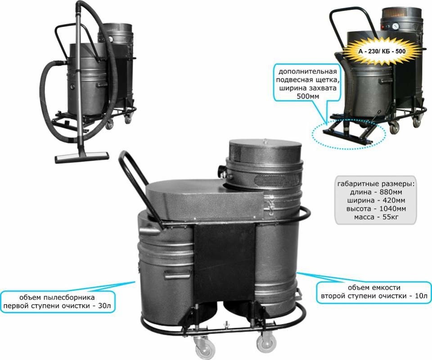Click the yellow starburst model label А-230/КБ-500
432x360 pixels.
[382, 51]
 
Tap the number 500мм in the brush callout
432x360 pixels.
[307, 97]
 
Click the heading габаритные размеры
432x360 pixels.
[376, 184]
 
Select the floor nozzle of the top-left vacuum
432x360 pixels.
[82, 157]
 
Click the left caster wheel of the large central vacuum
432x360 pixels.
[202, 346]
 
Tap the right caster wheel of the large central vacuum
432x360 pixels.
[266, 342]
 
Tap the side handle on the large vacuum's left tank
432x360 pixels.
[177, 274]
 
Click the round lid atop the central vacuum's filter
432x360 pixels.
[265, 150]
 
